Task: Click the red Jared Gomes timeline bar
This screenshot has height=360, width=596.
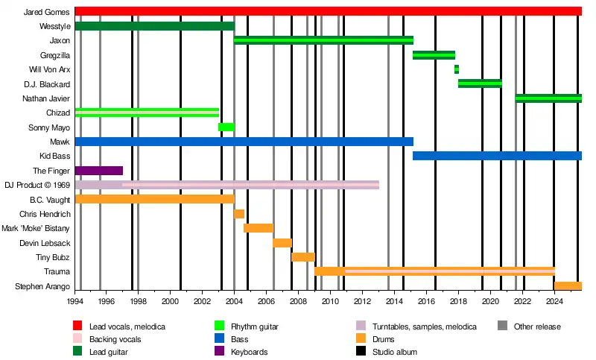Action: (x=328, y=11)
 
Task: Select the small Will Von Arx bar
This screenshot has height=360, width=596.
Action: (x=457, y=69)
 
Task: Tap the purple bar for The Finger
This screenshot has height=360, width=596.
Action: (x=98, y=171)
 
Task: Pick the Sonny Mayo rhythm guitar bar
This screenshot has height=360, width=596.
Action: (x=226, y=127)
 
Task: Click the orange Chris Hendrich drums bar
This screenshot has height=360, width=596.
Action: (x=239, y=214)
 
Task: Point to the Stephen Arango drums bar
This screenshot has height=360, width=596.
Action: (x=568, y=286)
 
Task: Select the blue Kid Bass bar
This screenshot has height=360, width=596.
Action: (x=497, y=156)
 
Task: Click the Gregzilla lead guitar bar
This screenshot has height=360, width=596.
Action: (x=434, y=55)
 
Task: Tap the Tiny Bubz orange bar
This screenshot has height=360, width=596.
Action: (x=302, y=257)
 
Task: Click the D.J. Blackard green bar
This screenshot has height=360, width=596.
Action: (x=480, y=83)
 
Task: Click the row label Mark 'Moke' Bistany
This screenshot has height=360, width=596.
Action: (x=36, y=228)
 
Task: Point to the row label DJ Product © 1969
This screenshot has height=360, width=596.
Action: (x=37, y=185)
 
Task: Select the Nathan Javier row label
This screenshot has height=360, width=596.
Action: (x=46, y=98)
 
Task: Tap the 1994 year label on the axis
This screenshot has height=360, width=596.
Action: (x=75, y=302)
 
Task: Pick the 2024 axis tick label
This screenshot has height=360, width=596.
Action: (x=554, y=302)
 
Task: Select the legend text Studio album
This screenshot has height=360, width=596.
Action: (x=396, y=352)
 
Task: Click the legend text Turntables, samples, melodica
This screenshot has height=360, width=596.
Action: (x=422, y=326)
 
